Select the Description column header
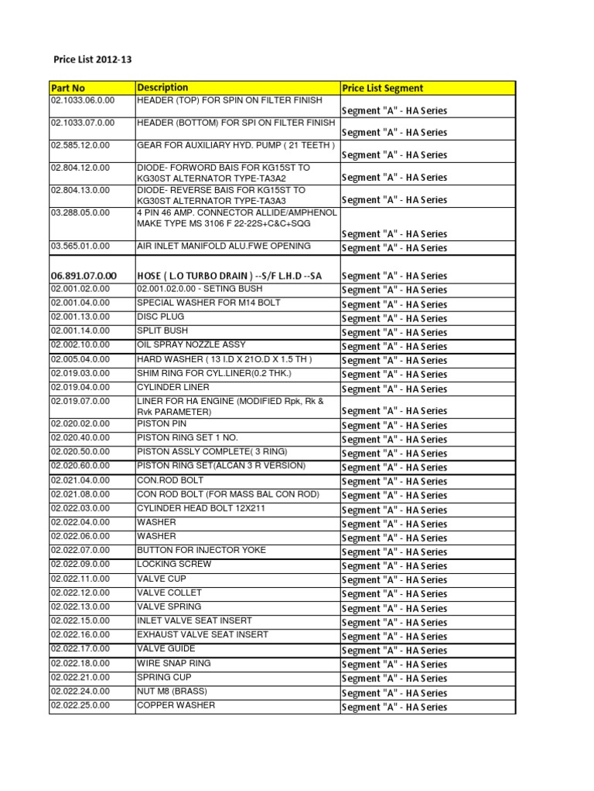162,88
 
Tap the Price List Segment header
382,88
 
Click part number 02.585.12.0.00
80,145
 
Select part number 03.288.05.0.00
80,212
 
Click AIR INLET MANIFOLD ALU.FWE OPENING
224,246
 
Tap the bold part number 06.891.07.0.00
84,276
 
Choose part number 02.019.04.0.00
80,387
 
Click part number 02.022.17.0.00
80,649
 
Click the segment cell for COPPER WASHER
394,707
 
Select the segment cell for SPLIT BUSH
394,332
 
